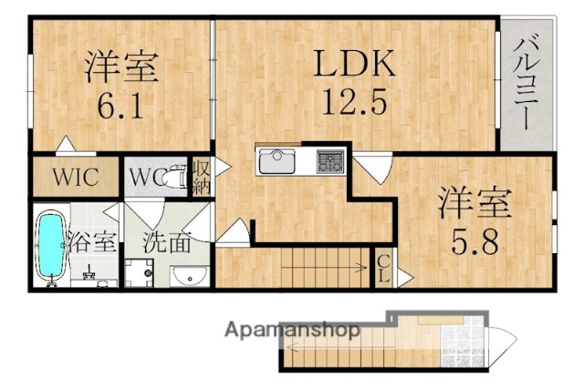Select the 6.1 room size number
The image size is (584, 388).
(x=119, y=107)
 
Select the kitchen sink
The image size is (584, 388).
(x=277, y=162)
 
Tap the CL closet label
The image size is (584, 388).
(x=385, y=269)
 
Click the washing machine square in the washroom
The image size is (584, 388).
(x=141, y=273)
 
